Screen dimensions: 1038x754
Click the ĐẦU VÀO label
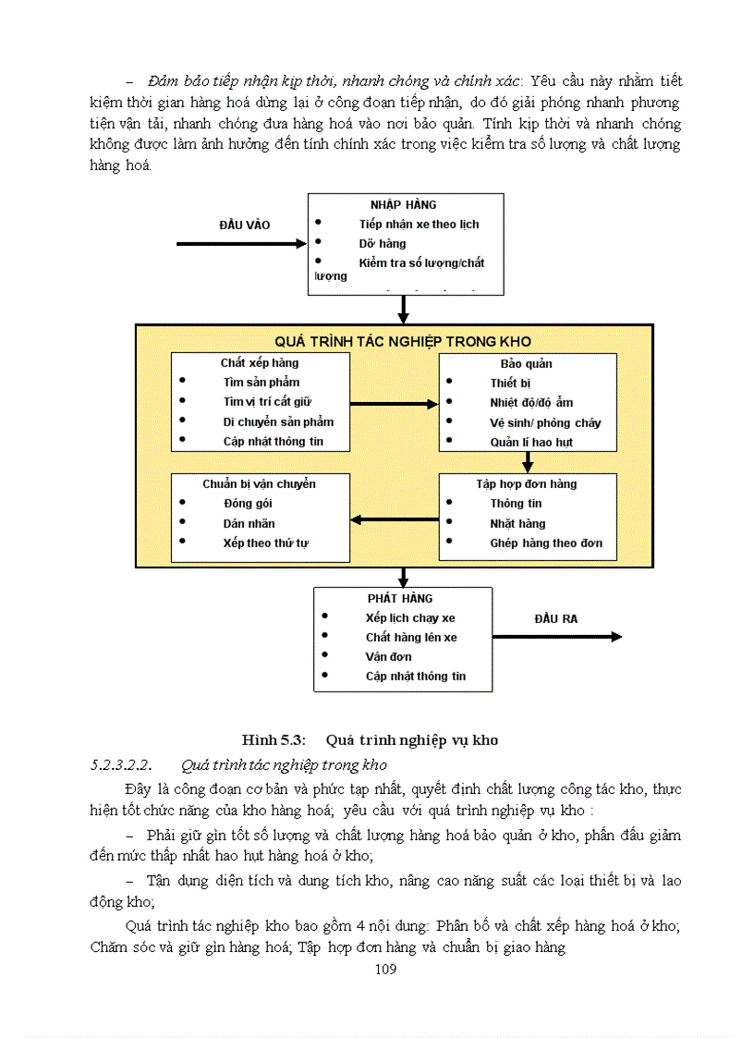244,225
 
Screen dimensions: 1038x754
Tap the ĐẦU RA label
555,618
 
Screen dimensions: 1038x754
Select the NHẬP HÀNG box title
403,204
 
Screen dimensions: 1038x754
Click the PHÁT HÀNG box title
399,598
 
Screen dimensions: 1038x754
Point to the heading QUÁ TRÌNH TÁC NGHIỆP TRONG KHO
402,342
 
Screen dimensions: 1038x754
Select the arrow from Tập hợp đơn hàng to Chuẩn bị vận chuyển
395,519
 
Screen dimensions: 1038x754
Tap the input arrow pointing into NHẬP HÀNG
240,244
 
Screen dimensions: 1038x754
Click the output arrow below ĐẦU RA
556,637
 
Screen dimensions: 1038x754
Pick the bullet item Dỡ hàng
382,244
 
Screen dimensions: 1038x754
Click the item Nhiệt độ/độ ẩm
531,402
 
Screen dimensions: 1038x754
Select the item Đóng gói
248,503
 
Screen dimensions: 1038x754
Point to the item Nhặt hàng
517,523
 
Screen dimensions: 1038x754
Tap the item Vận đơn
388,656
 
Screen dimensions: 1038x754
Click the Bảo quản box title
527,363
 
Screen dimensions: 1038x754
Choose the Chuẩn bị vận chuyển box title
260,483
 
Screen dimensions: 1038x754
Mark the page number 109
385,969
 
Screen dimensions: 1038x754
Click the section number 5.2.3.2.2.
120,764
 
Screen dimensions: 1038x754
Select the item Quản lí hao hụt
531,442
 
